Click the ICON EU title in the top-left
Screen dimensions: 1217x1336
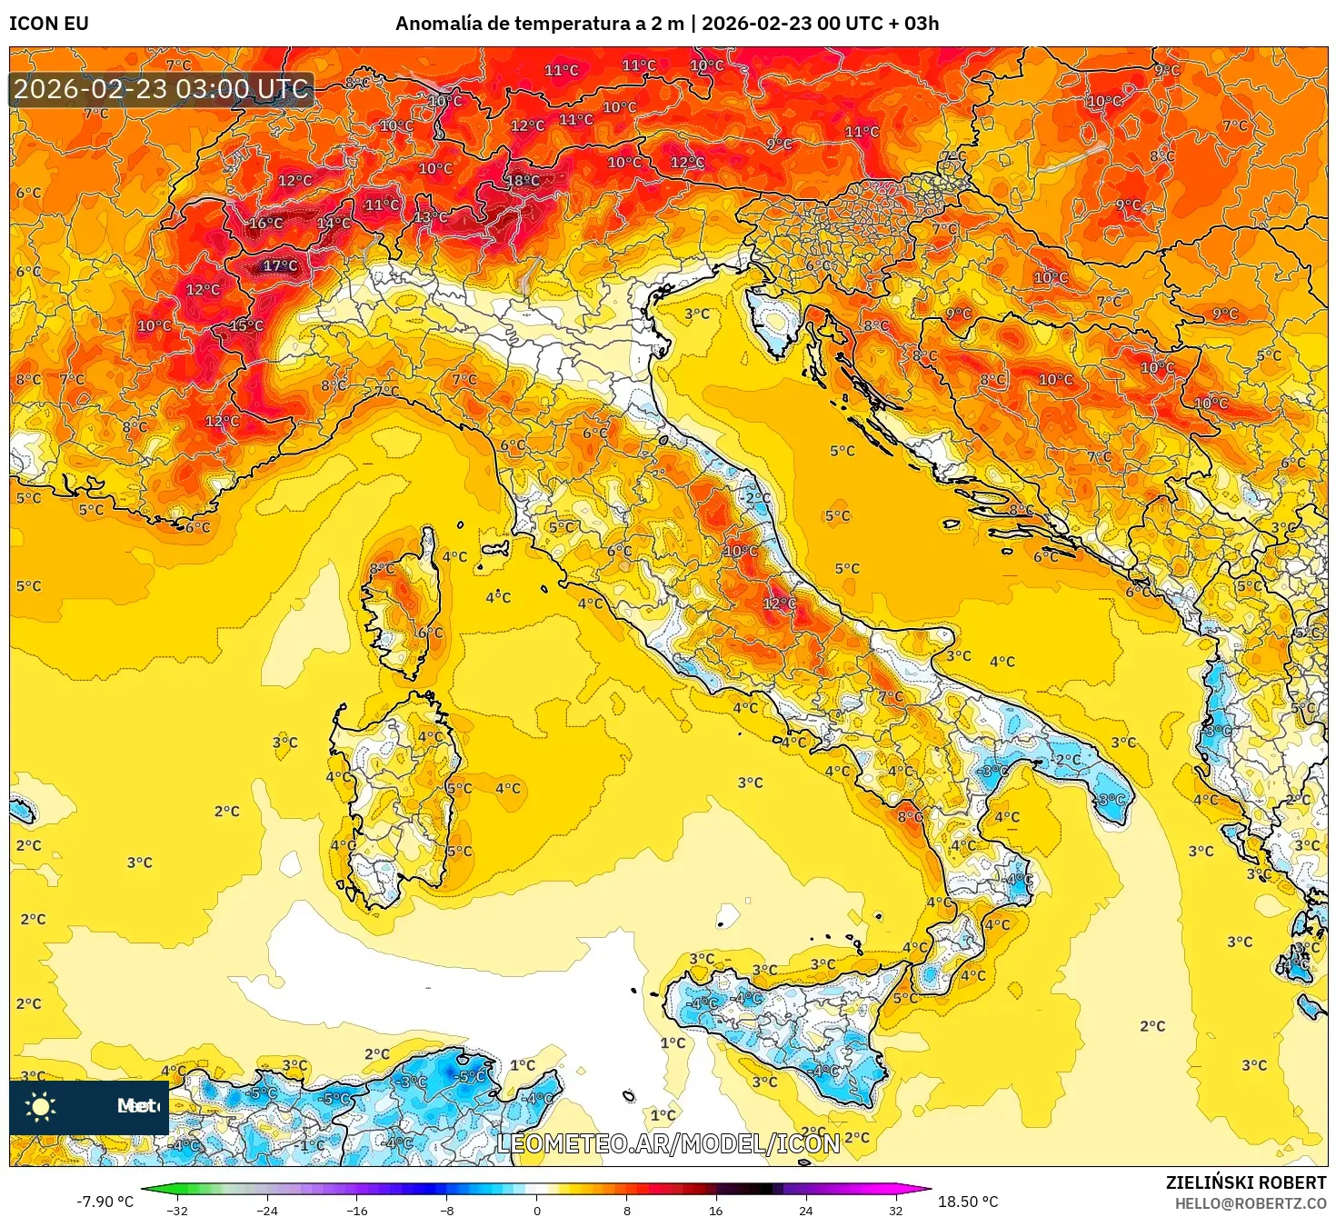click(49, 24)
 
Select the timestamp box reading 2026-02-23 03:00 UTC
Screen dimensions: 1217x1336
click(162, 89)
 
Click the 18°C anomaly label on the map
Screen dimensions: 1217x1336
click(523, 181)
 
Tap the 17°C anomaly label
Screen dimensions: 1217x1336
click(280, 266)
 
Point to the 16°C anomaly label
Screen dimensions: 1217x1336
click(265, 224)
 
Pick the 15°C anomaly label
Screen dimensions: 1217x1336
click(246, 326)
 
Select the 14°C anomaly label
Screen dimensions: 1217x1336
click(334, 224)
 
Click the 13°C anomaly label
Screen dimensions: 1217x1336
click(431, 217)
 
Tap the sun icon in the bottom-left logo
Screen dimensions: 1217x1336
click(40, 1106)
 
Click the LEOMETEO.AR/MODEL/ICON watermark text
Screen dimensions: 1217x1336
click(668, 1143)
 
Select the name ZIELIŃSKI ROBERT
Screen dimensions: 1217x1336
click(1246, 1182)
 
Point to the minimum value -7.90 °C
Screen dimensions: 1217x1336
click(105, 1202)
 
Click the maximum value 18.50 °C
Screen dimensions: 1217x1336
click(968, 1202)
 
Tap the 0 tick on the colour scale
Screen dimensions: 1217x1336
click(537, 1210)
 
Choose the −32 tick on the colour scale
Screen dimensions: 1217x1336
click(177, 1210)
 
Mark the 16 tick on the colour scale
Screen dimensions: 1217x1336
click(716, 1210)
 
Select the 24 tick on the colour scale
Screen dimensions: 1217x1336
click(806, 1210)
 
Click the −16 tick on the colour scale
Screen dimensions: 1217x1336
click(357, 1210)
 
